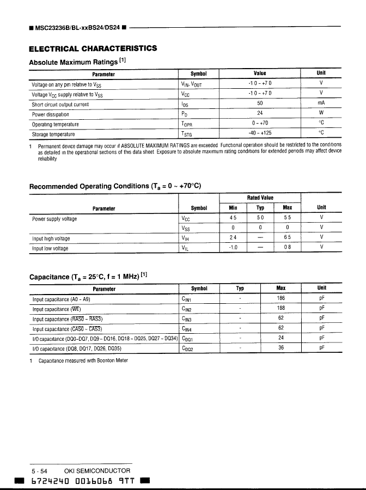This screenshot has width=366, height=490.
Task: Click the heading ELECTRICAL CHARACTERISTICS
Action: (x=93, y=48)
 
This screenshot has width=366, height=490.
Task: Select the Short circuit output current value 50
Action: (x=260, y=103)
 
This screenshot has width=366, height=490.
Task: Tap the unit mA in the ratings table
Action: (x=321, y=103)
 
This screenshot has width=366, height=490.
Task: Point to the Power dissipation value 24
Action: (x=260, y=113)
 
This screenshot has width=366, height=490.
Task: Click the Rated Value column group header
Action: (x=260, y=198)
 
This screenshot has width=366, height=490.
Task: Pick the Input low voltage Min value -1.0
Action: (x=233, y=248)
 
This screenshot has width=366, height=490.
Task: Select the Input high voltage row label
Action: (x=51, y=238)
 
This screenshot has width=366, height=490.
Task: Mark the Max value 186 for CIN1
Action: (x=281, y=298)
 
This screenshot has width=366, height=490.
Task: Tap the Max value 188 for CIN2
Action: (x=281, y=308)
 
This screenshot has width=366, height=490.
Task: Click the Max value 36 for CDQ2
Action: (x=281, y=348)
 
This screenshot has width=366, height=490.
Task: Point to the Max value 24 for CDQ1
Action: (x=281, y=338)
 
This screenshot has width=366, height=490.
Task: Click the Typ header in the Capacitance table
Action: (x=240, y=289)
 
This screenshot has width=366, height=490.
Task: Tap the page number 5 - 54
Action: (x=40, y=470)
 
